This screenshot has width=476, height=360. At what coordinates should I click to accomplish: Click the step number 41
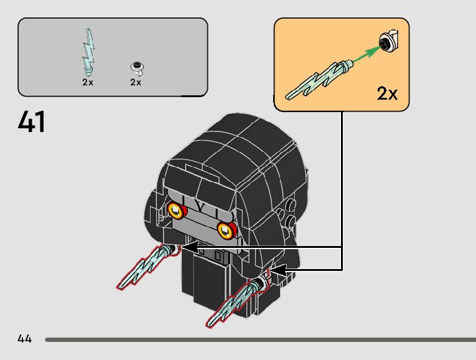click(32, 121)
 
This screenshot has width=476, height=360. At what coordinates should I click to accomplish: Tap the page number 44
click(25, 339)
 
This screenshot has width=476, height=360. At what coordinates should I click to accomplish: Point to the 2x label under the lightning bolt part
click(88, 82)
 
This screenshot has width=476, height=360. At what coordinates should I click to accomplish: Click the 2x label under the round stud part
click(136, 82)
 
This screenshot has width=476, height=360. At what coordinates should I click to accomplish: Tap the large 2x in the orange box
click(387, 93)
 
